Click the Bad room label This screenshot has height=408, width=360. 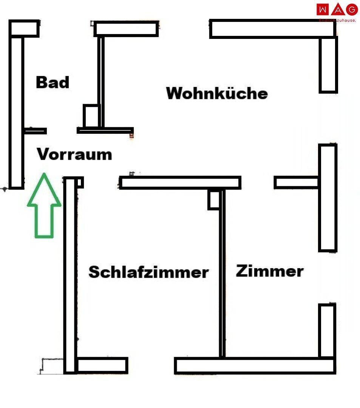53,82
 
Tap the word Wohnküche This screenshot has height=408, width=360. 217,93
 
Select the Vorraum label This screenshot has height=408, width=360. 74,155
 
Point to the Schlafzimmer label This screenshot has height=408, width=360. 148,272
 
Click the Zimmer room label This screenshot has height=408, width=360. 270,271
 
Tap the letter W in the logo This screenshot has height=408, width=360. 323,9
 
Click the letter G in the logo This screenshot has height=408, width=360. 352,9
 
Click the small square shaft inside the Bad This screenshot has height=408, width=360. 91,116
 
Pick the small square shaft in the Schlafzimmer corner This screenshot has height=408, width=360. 213,199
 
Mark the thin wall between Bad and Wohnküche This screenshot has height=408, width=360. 100,81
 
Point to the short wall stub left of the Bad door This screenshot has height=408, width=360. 35,131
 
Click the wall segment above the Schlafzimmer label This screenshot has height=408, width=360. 180,182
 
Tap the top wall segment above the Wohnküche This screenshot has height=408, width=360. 272,29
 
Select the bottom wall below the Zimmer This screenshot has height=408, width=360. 255,366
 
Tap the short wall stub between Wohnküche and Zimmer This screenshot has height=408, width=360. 297,182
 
